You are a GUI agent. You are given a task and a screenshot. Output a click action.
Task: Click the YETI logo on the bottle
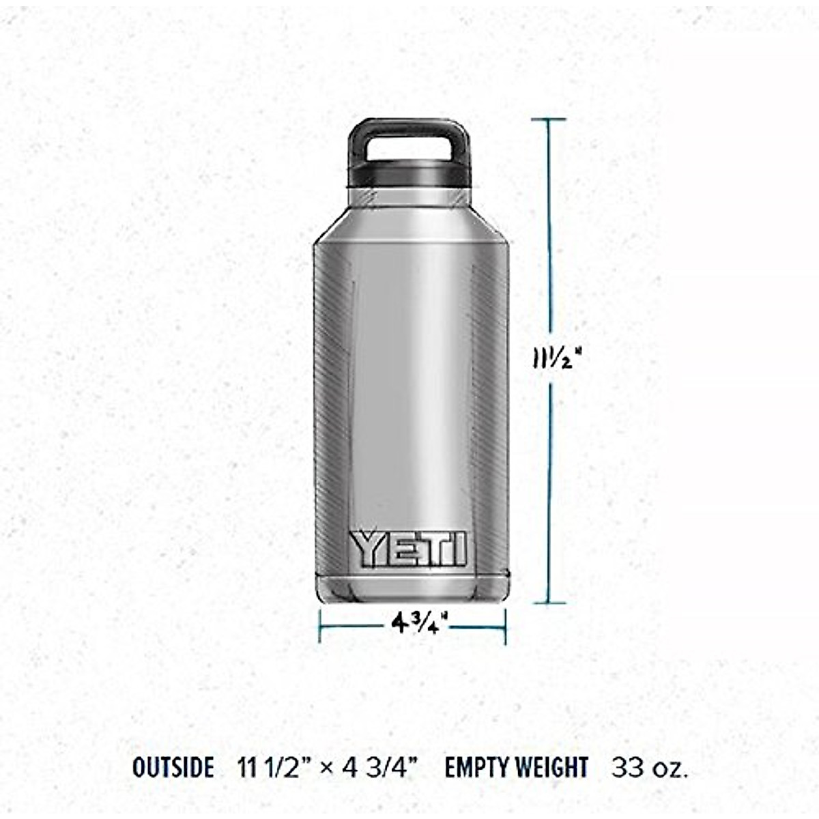click(409, 549)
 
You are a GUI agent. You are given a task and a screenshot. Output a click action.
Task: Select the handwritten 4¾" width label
click(419, 622)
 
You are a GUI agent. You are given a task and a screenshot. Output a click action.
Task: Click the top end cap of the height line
click(548, 120)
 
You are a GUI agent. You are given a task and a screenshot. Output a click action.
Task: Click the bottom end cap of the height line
click(548, 603)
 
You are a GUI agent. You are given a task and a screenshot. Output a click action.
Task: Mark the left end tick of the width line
click(320, 625)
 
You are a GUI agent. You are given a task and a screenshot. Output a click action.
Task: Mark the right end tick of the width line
click(505, 625)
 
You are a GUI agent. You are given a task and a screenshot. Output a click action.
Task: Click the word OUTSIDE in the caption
click(173, 768)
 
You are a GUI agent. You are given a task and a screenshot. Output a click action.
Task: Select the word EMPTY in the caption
click(475, 768)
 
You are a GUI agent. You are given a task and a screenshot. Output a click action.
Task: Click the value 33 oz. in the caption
click(650, 768)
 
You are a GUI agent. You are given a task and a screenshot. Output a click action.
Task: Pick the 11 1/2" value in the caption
click(275, 768)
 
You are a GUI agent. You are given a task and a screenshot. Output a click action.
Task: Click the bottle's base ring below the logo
click(411, 586)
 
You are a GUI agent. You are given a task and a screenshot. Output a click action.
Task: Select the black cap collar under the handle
click(409, 175)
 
